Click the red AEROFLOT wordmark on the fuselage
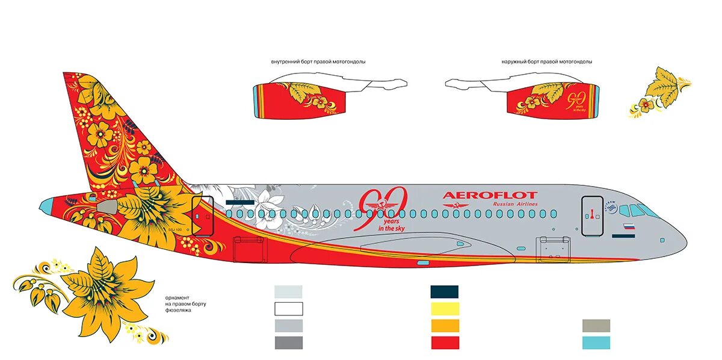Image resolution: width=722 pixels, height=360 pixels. pos(490,195)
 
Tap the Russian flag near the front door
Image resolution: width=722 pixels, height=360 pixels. pos(628,228)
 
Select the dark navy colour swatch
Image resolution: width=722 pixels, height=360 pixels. pos(444,292)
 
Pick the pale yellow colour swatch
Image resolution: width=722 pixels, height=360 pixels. pos(444,309)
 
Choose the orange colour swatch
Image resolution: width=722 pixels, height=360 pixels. pos(444,326)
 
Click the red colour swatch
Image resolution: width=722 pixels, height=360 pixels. pos(444,343)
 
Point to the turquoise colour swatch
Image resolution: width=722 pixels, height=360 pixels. pos(596,343)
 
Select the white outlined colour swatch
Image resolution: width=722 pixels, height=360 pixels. pos(289,309)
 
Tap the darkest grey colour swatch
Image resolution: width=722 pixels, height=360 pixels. pos(289,343)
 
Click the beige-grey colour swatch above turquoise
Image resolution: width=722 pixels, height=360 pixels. pos(596,326)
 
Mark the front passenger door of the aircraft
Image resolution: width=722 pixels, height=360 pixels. pos(592,216)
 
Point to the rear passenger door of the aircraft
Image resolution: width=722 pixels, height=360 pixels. pos(202,215)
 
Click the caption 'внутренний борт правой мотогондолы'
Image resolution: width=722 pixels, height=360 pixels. pos(318,62)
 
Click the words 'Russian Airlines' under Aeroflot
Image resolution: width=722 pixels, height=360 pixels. pos(515,205)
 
